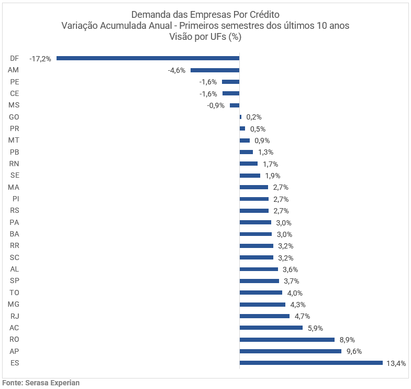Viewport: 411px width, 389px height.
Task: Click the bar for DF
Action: click(x=148, y=58)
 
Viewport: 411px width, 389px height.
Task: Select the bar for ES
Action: click(x=311, y=363)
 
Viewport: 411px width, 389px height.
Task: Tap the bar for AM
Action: click(x=215, y=70)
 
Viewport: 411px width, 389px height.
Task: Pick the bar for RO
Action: click(x=287, y=339)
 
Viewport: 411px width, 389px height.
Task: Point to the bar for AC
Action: click(x=271, y=328)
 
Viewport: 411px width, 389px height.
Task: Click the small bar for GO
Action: click(x=240, y=117)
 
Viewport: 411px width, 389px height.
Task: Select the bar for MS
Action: click(x=235, y=105)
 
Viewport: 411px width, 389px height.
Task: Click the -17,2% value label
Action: click(x=40, y=59)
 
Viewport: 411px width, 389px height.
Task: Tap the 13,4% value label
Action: click(x=396, y=363)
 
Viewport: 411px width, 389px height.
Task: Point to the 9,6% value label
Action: click(x=354, y=351)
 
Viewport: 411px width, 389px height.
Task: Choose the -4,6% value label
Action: click(x=176, y=70)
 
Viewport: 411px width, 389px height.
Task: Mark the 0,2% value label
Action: click(x=254, y=117)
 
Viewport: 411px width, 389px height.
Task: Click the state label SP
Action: click(x=15, y=281)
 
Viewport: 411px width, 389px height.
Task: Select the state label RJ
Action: click(x=15, y=316)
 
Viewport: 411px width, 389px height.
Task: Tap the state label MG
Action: click(x=14, y=305)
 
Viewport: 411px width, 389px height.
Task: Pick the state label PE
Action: click(x=15, y=82)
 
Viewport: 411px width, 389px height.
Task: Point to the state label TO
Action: click(x=15, y=293)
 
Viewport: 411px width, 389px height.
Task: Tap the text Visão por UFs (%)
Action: click(x=205, y=37)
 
